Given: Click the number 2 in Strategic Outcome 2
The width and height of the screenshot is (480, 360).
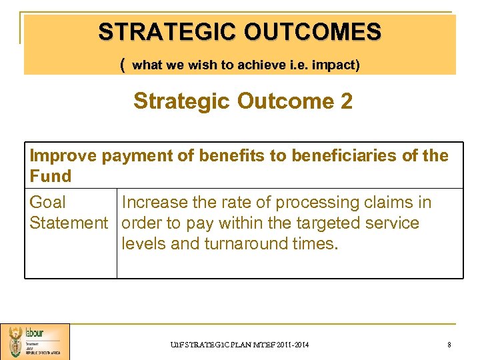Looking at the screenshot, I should pos(346,101).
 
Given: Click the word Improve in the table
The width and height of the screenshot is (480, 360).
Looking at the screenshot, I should pos(63,155).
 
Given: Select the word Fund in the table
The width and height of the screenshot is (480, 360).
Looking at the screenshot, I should pos(50,176).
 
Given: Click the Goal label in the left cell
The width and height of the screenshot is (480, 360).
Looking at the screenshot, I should pos(48,202).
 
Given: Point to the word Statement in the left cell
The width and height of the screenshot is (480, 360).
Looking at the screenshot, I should pos(69,223).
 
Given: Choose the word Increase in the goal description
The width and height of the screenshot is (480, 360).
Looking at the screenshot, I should pos(158,202).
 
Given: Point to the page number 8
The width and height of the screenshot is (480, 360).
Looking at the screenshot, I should pos(449,344).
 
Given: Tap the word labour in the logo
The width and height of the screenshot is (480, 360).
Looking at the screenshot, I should pos(34,333).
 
